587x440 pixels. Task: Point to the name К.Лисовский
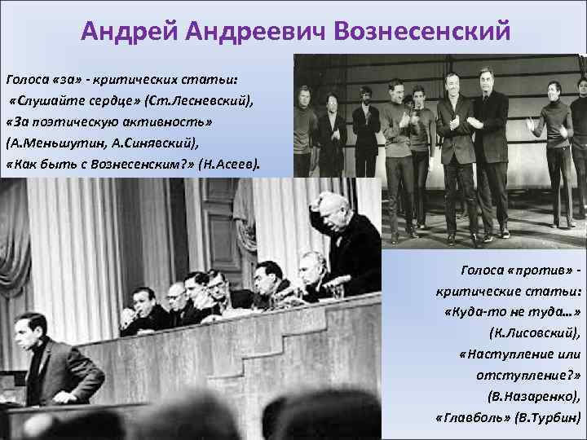534,333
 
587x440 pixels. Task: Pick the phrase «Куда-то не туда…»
513,312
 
